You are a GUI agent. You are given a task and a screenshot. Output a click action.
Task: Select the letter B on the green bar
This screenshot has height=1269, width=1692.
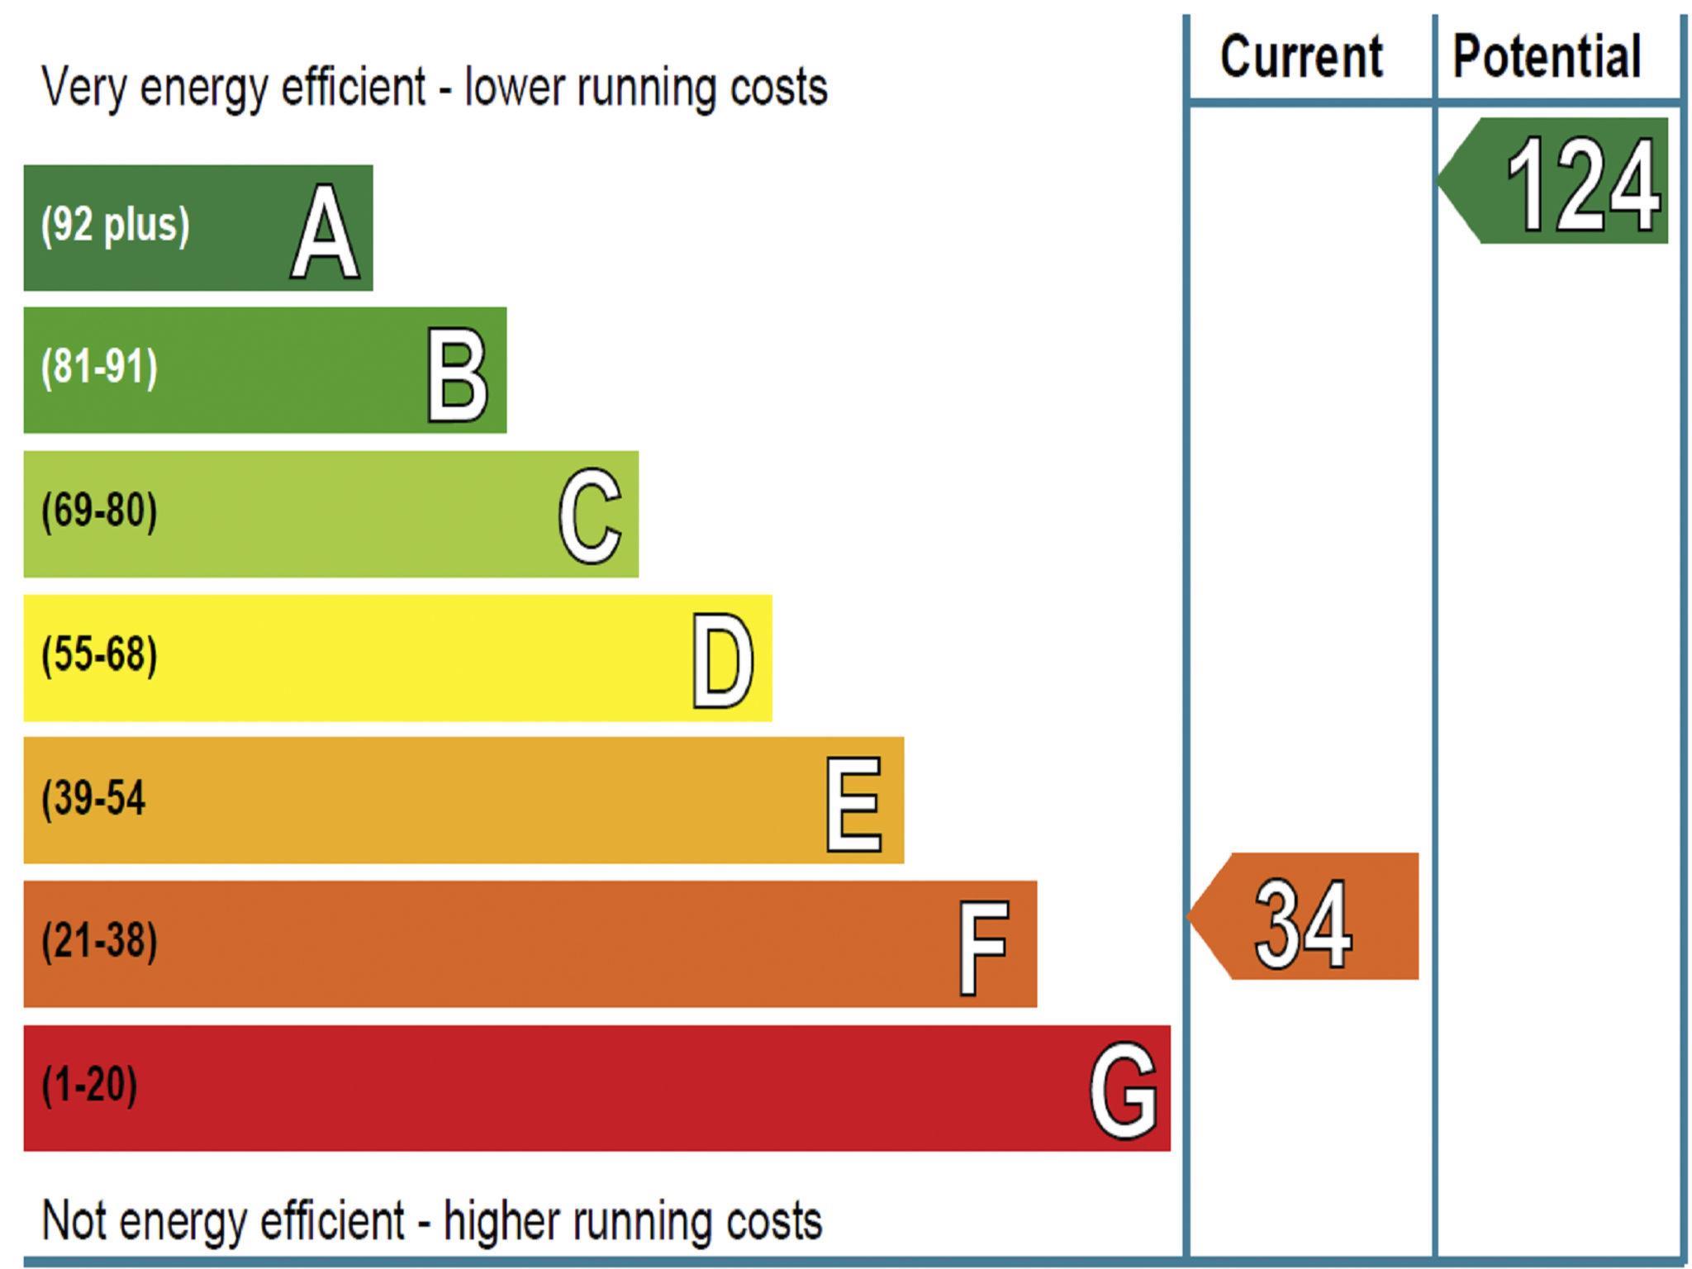pos(457,374)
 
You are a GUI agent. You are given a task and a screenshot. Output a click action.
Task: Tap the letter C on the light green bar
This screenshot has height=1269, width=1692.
pos(589,516)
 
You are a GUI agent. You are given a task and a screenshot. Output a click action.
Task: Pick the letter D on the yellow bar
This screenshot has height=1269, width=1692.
pos(723,661)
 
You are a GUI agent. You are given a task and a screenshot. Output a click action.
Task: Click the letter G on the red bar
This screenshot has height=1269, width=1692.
pos(1123,1090)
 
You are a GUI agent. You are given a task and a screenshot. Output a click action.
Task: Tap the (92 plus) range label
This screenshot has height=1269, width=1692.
pos(116,225)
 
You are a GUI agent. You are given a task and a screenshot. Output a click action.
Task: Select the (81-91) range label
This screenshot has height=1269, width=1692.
pos(99,368)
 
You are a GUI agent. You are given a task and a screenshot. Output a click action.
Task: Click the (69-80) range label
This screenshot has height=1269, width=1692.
pos(99,511)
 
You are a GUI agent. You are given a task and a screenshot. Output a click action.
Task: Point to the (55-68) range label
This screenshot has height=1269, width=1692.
pos(99,654)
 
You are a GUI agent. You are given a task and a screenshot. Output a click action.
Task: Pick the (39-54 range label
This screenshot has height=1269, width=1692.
pos(93,798)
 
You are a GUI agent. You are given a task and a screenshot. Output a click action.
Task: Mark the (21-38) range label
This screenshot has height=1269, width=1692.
pos(99,941)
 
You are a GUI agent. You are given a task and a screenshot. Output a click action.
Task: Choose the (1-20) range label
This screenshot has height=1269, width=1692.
pos(89,1085)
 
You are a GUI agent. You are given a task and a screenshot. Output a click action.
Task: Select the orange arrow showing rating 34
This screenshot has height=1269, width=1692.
pos(1305,917)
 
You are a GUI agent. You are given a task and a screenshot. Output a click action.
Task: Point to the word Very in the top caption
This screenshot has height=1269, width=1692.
pos(83,87)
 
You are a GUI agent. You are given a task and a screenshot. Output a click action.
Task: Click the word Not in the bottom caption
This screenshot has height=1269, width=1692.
pos(75,1220)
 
